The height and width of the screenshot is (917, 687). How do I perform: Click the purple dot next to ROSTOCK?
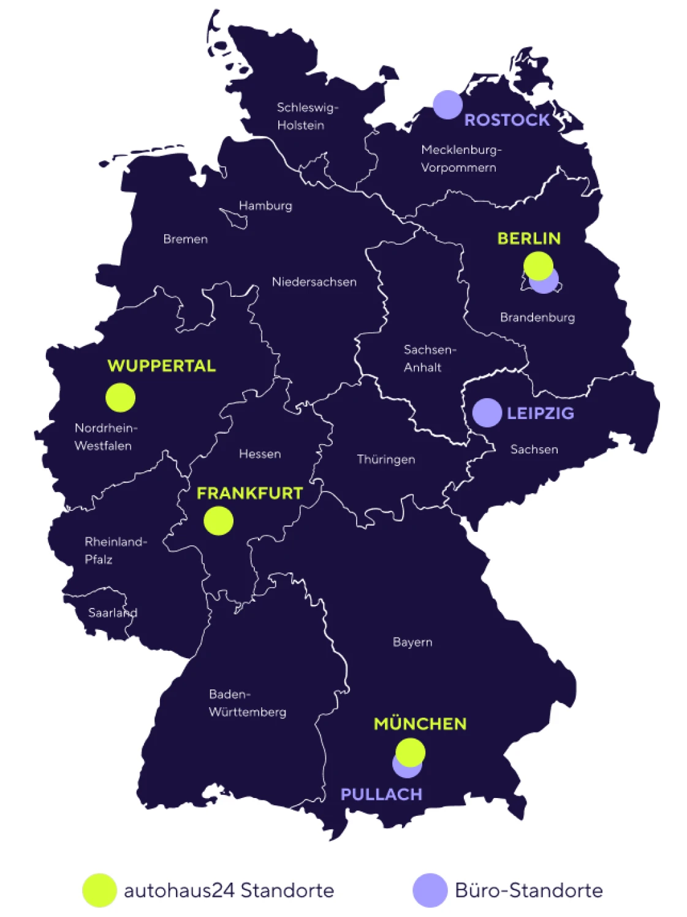coord(447,105)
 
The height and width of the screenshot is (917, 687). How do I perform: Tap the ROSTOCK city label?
coord(507,120)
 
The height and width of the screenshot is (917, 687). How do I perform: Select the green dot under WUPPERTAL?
coord(120,397)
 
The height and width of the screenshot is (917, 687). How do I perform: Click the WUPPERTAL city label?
coord(162,366)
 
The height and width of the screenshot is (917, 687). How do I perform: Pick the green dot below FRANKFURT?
coord(218,521)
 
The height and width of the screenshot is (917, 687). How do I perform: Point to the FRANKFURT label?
coord(249,493)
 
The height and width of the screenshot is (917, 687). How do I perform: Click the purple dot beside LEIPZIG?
coord(487,413)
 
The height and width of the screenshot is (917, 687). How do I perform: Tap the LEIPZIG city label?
coord(540,413)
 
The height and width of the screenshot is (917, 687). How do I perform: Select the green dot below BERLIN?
coord(538,265)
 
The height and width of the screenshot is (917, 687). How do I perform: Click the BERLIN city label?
coord(529,239)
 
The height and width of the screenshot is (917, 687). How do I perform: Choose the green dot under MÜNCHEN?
coord(411,751)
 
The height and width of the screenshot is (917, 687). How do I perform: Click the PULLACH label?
coord(381,794)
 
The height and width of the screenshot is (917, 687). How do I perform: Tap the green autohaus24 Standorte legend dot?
coord(99,890)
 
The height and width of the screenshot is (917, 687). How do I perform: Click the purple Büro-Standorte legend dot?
coord(430,890)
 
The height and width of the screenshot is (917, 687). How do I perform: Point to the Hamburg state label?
coord(265,205)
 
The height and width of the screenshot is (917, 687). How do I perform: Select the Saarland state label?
coord(113,612)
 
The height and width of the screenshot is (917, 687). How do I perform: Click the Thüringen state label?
coord(386,459)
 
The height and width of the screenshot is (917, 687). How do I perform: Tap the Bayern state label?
coord(412,642)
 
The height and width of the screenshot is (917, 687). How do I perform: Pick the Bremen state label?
coord(185,239)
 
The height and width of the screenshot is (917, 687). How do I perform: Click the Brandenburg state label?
coord(537,317)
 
